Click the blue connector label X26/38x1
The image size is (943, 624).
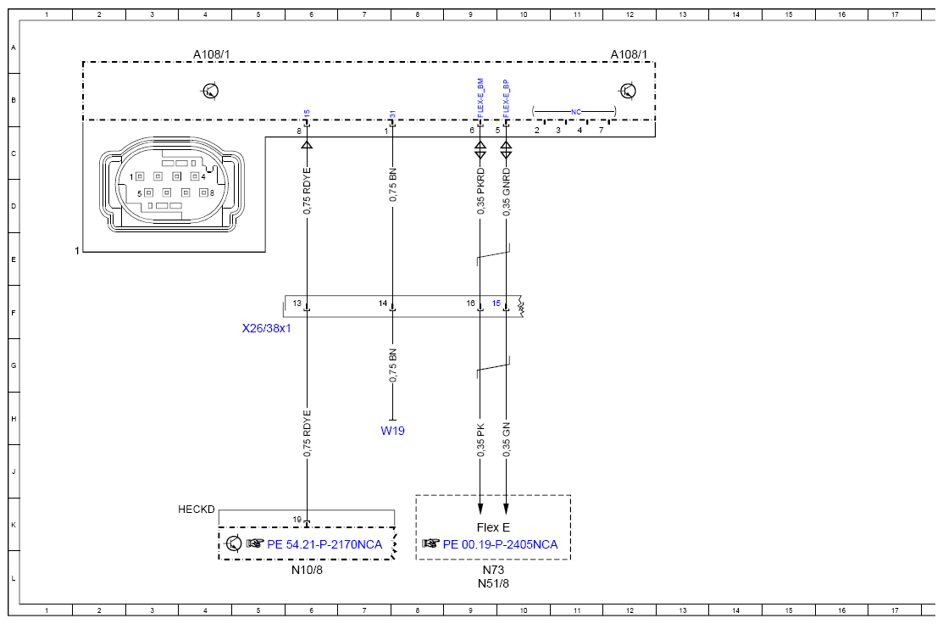click(266, 329)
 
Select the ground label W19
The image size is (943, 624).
click(393, 431)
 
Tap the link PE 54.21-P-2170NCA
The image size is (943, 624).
click(325, 544)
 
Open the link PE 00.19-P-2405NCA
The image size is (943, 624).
click(501, 544)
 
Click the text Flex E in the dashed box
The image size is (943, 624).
click(493, 527)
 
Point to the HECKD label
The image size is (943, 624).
click(196, 510)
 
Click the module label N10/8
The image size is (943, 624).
click(307, 570)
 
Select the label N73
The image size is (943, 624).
click(493, 570)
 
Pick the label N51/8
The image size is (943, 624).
click(493, 583)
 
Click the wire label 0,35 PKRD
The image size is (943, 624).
click(480, 192)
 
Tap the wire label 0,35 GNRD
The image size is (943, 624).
click(507, 192)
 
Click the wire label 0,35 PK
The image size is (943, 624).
click(480, 440)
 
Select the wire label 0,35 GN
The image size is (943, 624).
click(507, 439)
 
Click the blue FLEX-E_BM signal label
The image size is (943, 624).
click(480, 97)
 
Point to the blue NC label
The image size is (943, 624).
click(576, 112)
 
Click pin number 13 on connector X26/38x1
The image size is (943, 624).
click(297, 304)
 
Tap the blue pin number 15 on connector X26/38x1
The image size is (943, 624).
click(496, 304)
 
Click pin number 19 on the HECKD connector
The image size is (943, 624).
click(297, 520)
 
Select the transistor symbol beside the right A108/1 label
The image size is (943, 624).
click(627, 91)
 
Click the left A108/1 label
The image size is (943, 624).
click(211, 55)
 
